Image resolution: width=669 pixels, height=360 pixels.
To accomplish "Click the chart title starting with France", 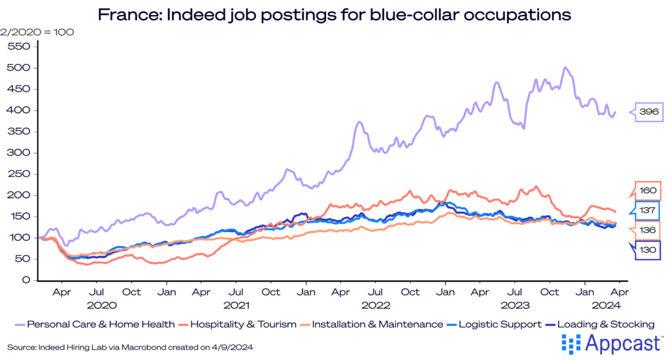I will [334, 14].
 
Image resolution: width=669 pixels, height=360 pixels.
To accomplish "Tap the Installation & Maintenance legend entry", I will [370, 324].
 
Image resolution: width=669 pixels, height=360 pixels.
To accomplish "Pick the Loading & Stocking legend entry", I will [599, 324].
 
